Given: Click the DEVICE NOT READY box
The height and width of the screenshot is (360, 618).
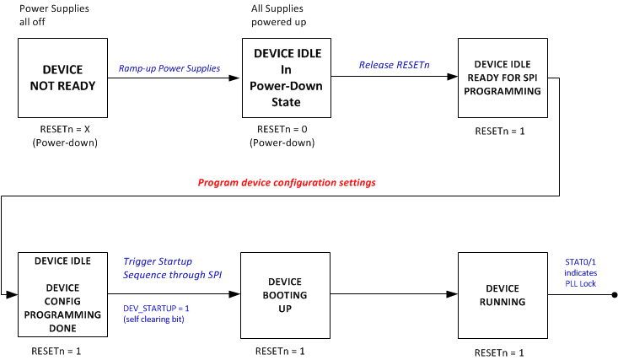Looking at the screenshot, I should point(63,77).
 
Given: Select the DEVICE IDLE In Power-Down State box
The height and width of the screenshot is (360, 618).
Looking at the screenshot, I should point(288,78).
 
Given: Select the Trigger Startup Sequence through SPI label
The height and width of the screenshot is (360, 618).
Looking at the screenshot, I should point(159,268).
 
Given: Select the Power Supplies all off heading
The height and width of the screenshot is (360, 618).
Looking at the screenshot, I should point(54,15).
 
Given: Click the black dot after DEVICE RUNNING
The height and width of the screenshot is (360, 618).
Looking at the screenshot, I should point(614,294).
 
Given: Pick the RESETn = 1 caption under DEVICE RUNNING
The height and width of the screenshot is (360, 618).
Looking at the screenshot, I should point(502,351).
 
